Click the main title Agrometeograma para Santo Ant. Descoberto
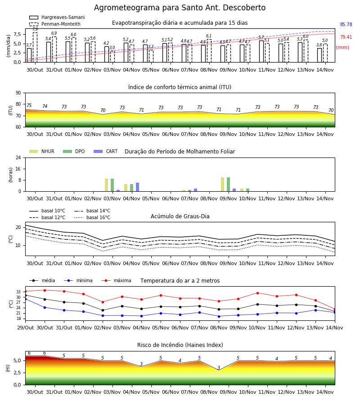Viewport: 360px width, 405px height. [x=180, y=8]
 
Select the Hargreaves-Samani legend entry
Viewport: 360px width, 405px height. [x=57, y=17]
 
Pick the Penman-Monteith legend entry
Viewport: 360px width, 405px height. [x=55, y=24]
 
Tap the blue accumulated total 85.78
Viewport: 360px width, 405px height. [x=346, y=25]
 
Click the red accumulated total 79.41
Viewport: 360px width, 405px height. [x=346, y=37]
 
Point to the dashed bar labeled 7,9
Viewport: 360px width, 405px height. [x=35, y=47]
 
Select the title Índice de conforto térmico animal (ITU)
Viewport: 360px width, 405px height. [x=180, y=87]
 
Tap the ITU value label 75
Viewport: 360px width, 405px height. [x=29, y=105]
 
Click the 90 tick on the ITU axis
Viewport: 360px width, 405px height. [x=18, y=93]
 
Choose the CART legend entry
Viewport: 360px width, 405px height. [x=106, y=151]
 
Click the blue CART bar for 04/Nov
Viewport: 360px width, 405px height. [x=137, y=187]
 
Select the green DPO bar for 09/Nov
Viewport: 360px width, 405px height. [x=228, y=184]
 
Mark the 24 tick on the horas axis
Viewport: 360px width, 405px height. [x=18, y=157]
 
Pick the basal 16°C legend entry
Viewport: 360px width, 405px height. [x=92, y=217]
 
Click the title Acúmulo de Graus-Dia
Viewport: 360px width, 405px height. [x=180, y=216]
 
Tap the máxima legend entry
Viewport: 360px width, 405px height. [x=116, y=280]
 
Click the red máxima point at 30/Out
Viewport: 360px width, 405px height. [x=45, y=290]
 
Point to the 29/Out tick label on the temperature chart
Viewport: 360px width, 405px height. [x=25, y=328]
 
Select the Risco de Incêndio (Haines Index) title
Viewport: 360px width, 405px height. [x=180, y=345]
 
